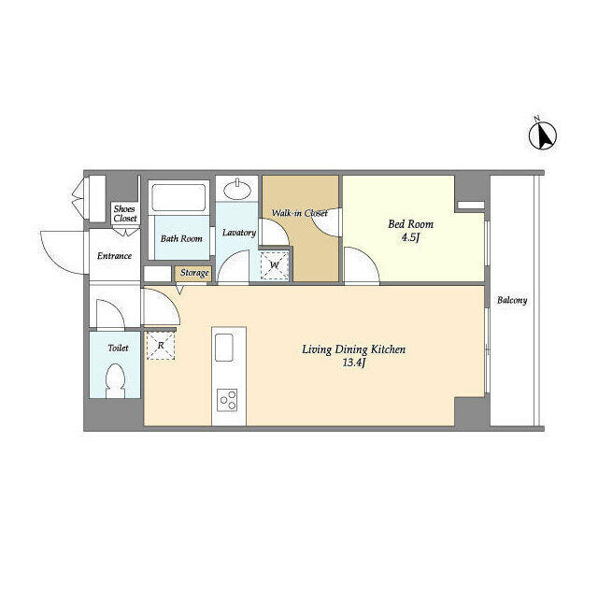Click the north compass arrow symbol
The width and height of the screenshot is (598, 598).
[x=543, y=135]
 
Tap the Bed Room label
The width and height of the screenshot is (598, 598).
[x=411, y=224]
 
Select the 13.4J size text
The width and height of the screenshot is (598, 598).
[x=354, y=363]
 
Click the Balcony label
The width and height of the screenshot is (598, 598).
[x=512, y=300]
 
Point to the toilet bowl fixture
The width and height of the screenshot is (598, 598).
[x=116, y=380]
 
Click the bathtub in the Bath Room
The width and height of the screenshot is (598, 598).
[x=178, y=197]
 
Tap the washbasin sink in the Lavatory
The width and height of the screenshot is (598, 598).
[x=236, y=190]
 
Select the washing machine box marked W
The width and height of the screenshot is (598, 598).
[x=274, y=265]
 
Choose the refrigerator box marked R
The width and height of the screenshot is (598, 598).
[x=161, y=346]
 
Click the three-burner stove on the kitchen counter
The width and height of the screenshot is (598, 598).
[x=227, y=400]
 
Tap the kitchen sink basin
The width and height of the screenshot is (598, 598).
[x=224, y=348]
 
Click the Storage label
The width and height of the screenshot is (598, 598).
[x=194, y=273]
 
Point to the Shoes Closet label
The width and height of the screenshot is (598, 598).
[x=124, y=214]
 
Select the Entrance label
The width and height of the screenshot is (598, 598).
[x=114, y=255]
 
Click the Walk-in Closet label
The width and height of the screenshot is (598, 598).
[x=299, y=213]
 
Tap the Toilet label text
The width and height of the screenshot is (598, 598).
[x=118, y=348]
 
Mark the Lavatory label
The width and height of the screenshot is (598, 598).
[x=239, y=233]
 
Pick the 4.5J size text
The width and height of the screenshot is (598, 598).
[x=410, y=237]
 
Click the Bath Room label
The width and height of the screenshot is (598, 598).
[x=181, y=239]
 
